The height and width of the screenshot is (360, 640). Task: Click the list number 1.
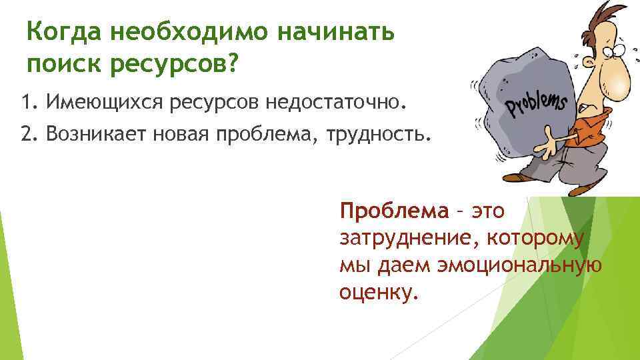coord(26,104)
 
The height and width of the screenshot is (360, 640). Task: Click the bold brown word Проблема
coord(394,211)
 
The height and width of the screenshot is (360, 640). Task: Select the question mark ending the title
coord(232,65)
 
